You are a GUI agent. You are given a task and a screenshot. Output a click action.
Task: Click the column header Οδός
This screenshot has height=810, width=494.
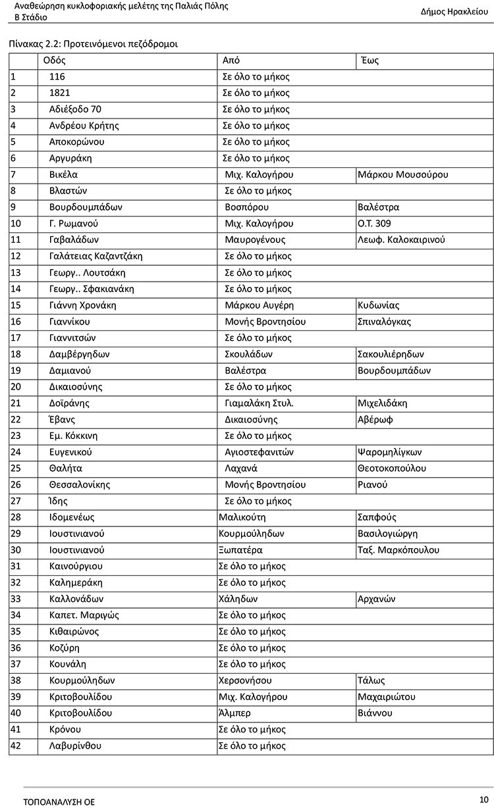pyautogui.click(x=55, y=61)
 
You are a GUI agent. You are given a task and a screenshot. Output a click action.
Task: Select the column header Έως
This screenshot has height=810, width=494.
pyautogui.click(x=370, y=61)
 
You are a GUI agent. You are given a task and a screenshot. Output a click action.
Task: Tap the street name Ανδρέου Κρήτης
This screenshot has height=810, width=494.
pyautogui.click(x=84, y=126)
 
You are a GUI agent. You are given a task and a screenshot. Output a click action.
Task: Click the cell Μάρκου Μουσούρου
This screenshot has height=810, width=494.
pyautogui.click(x=402, y=175)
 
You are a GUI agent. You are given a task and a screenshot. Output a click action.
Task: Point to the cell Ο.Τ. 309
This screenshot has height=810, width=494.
pyautogui.click(x=374, y=224)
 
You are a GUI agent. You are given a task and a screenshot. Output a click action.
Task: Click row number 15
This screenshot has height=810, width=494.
pyautogui.click(x=16, y=305)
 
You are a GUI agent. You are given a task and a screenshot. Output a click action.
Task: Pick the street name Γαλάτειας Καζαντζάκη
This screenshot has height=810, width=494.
pyautogui.click(x=96, y=256)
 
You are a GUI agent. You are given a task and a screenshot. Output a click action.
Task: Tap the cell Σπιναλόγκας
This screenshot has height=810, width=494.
pyautogui.click(x=385, y=322)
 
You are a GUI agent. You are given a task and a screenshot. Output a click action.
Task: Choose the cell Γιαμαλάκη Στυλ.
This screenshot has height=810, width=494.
pyautogui.click(x=259, y=403)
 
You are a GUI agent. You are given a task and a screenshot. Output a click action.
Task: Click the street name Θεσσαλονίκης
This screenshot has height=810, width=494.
pyautogui.click(x=79, y=485)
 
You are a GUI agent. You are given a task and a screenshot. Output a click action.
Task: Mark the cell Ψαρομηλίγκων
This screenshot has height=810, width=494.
pyautogui.click(x=389, y=452)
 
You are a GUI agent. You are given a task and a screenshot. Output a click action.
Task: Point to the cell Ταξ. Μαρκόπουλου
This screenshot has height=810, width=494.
pyautogui.click(x=398, y=550)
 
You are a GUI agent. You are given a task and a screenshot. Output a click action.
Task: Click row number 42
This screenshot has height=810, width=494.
pyautogui.click(x=16, y=746)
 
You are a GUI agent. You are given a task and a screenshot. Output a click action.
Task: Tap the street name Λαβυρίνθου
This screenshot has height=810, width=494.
pyautogui.click(x=75, y=746)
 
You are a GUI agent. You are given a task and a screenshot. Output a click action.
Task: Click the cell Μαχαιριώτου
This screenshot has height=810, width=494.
pyautogui.click(x=386, y=697)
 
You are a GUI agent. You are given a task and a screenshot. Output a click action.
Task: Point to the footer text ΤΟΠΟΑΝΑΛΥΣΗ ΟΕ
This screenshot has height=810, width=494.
pyautogui.click(x=59, y=802)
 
